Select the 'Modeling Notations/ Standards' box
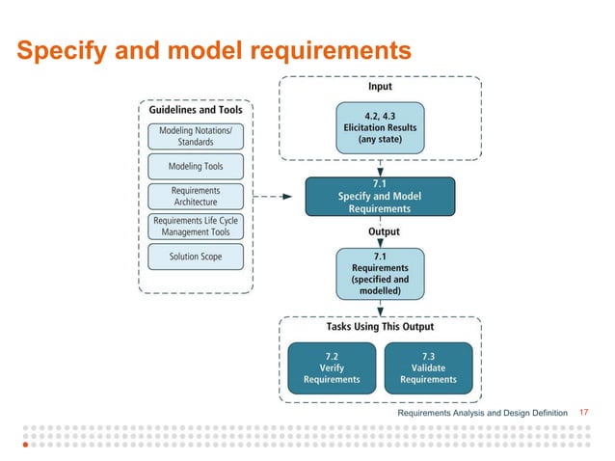pyautogui.click(x=195, y=136)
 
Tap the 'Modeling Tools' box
pyautogui.click(x=195, y=166)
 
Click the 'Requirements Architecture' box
pyautogui.click(x=195, y=196)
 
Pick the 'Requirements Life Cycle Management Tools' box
pyautogui.click(x=195, y=227)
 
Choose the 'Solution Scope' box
pyautogui.click(x=195, y=258)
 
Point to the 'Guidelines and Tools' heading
pyautogui.click(x=196, y=110)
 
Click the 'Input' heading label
pyautogui.click(x=380, y=87)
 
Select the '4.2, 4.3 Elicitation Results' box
pyautogui.click(x=379, y=127)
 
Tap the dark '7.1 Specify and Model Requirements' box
pyautogui.click(x=379, y=197)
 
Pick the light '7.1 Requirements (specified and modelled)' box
pyautogui.click(x=379, y=273)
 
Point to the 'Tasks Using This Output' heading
pyautogui.click(x=380, y=327)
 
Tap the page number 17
pyautogui.click(x=581, y=413)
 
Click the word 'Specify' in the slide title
pyautogui.click(x=58, y=49)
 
